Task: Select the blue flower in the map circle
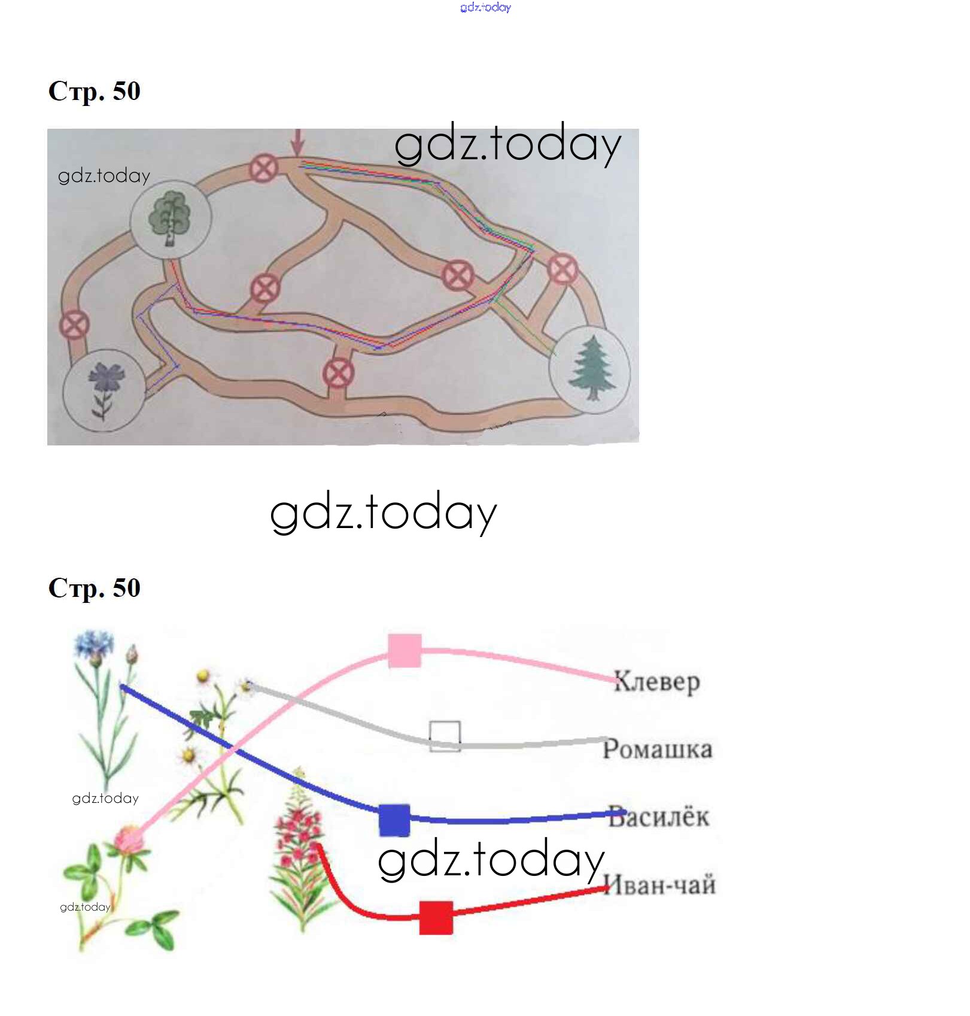(105, 389)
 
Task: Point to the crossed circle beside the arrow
(263, 168)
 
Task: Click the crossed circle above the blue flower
(74, 325)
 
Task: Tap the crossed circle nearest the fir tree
(562, 268)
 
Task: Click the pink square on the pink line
(405, 651)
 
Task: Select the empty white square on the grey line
(445, 736)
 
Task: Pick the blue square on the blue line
(395, 820)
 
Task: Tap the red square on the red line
(436, 917)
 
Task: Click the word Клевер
(657, 682)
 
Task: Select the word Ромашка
(658, 750)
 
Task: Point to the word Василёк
(659, 817)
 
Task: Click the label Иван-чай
(659, 884)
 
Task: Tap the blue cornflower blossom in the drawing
(94, 644)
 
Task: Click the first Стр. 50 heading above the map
(95, 92)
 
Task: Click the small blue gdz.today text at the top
(486, 7)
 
